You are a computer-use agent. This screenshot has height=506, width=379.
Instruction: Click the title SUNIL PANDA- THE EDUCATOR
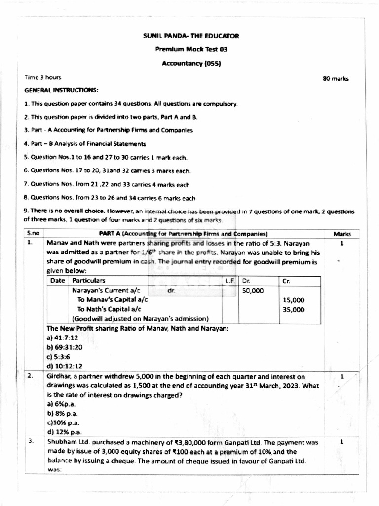[190, 36]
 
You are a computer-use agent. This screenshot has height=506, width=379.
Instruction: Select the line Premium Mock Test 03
[191, 50]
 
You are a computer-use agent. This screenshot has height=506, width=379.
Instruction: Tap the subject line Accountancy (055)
[191, 64]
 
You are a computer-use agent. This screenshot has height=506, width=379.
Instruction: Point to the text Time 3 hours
[43, 77]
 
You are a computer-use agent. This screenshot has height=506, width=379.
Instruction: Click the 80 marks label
[336, 79]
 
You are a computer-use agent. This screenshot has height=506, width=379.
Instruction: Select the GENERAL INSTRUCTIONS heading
[61, 91]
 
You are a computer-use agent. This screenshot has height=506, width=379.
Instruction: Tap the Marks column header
[341, 234]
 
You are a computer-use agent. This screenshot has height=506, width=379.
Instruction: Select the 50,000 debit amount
[253, 291]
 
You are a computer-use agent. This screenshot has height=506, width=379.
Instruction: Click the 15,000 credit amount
[294, 300]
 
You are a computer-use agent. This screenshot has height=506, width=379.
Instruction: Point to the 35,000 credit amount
[294, 310]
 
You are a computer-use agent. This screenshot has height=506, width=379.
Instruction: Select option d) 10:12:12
[65, 366]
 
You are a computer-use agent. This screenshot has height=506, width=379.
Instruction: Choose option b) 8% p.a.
[62, 413]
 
